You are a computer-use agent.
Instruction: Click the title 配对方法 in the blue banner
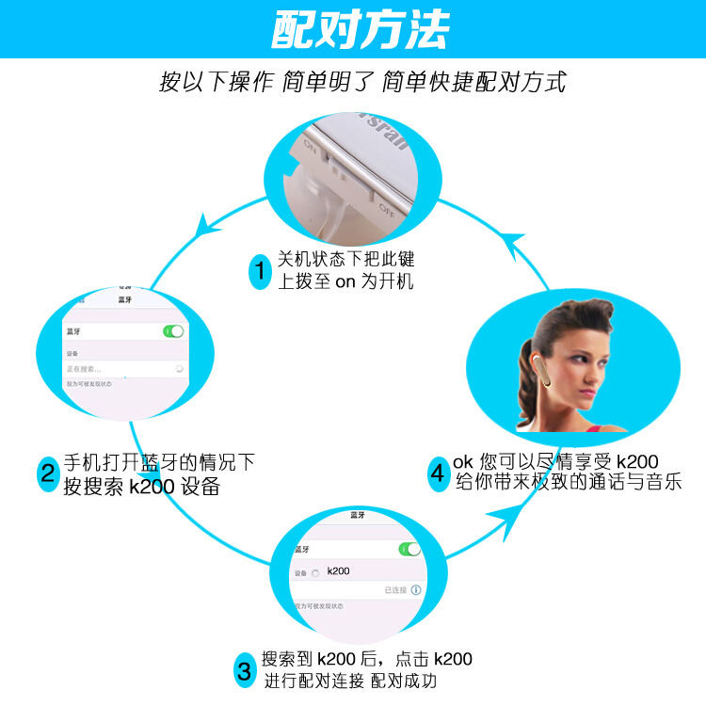pos(361,30)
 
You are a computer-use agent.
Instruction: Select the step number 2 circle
pos(48,473)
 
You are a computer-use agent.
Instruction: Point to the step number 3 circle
pos(244,671)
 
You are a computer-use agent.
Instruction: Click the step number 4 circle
pos(437,473)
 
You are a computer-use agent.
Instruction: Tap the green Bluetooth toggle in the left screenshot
pos(173,331)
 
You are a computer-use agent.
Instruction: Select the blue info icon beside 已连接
pos(416,590)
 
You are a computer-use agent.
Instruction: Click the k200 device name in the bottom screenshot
pos(339,571)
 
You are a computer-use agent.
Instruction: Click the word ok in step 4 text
pos(463,462)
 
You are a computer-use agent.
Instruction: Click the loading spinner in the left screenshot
pos(179,370)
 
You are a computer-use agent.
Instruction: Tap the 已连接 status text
pos(394,590)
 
